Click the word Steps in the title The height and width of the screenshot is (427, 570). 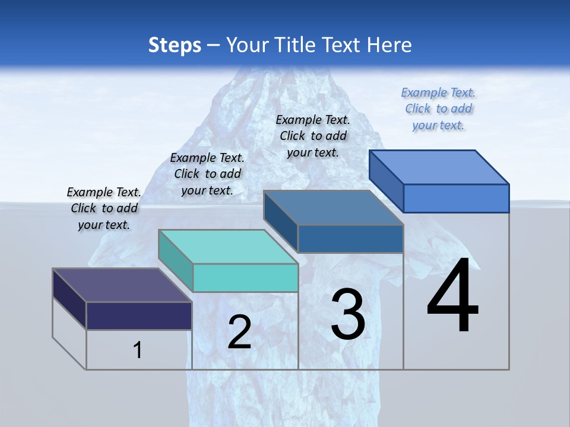[175, 45]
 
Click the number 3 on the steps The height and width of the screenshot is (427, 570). [348, 314]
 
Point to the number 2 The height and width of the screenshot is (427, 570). [239, 332]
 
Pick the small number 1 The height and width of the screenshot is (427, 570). [138, 350]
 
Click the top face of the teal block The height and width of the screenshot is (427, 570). [228, 247]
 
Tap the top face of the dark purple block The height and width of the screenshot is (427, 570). [122, 285]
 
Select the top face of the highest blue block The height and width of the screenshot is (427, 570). [439, 167]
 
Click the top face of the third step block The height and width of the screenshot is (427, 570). [334, 208]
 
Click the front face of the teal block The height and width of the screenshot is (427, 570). [245, 278]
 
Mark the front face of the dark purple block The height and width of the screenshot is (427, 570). [139, 316]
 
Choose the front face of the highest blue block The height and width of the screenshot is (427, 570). [456, 198]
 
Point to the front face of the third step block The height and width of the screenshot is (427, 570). [350, 238]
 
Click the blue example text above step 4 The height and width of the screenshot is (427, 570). [438, 109]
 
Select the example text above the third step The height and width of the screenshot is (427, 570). [313, 136]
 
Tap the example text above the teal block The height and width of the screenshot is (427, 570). [207, 174]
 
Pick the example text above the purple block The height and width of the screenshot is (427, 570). [104, 208]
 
